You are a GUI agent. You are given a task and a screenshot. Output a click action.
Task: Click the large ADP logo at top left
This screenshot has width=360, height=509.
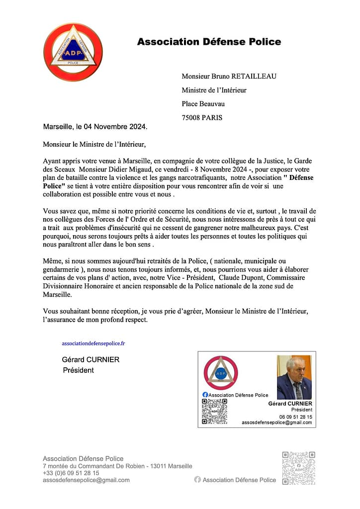coord(73,52)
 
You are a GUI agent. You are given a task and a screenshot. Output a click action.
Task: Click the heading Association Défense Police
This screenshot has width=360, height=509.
coord(209,42)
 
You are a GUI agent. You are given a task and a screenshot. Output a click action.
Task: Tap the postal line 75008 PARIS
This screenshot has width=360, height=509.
coord(202,118)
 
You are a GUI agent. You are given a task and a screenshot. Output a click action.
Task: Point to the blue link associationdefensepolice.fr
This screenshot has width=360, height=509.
coord(93,343)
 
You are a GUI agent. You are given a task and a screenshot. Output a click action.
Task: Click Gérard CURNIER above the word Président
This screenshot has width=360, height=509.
coord(90,359)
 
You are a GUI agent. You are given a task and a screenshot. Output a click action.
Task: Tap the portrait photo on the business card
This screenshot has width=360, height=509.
coord(294,377)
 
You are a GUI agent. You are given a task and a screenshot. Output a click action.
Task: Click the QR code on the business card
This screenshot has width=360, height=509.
coord(214,411)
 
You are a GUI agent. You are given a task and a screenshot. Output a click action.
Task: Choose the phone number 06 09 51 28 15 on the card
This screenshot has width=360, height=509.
coord(295,417)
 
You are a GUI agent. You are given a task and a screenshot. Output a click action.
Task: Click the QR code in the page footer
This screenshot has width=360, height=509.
coord(298,468)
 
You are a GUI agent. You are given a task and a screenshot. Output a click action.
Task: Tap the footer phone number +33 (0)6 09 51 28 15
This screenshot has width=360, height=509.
coord(71,473)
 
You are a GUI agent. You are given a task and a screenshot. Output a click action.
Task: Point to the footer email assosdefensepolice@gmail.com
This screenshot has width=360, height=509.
coord(86,480)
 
